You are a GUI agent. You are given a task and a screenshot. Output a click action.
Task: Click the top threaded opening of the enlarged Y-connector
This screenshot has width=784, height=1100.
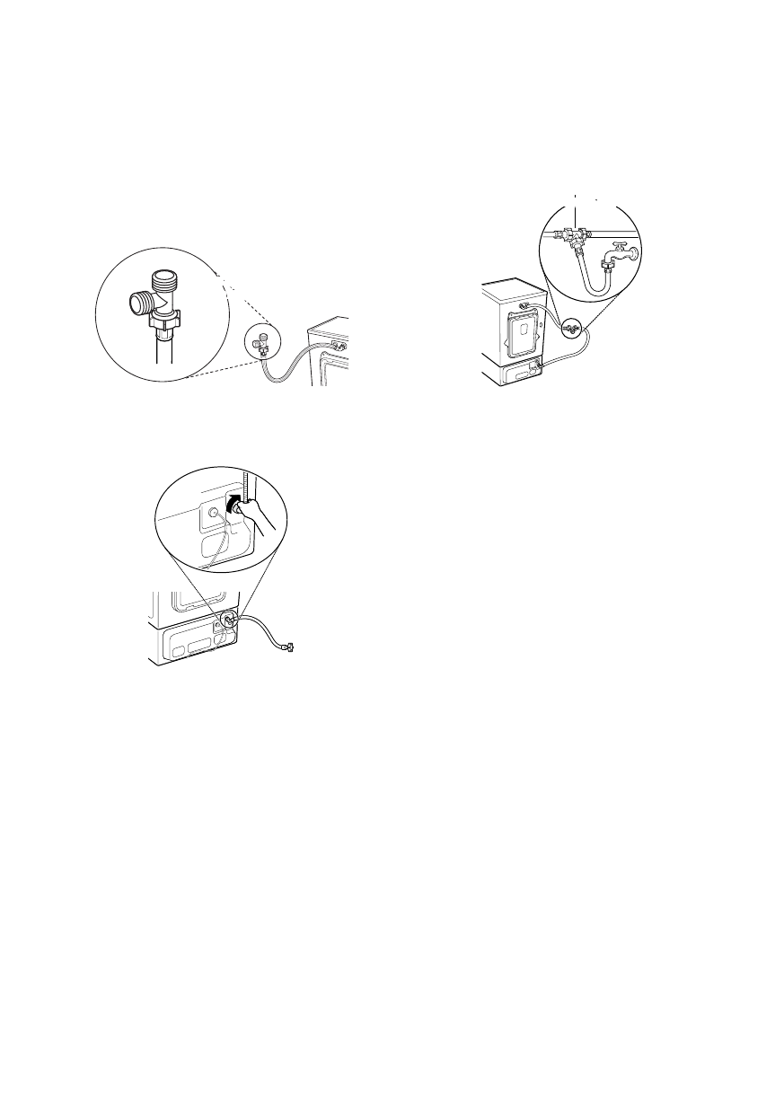[163, 279]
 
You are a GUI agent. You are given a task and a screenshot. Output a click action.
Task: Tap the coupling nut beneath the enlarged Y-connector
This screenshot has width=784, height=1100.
[165, 319]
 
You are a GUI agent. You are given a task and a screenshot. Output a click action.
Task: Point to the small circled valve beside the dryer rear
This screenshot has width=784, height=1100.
[570, 330]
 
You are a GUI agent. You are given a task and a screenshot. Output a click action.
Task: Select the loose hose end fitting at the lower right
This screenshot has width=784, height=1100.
[290, 646]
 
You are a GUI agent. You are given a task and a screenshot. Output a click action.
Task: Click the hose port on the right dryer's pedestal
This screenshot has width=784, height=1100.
[537, 365]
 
